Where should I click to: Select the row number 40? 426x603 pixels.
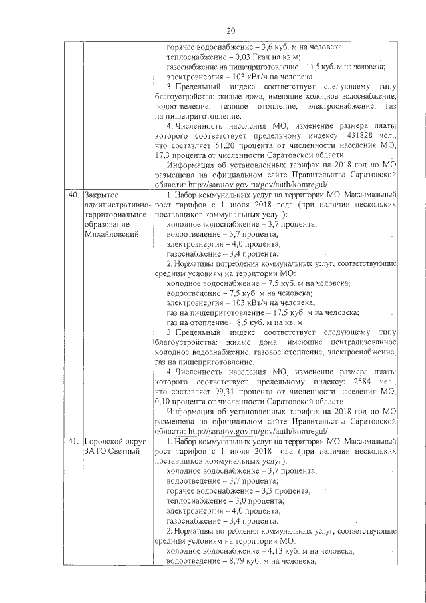point(73,195)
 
